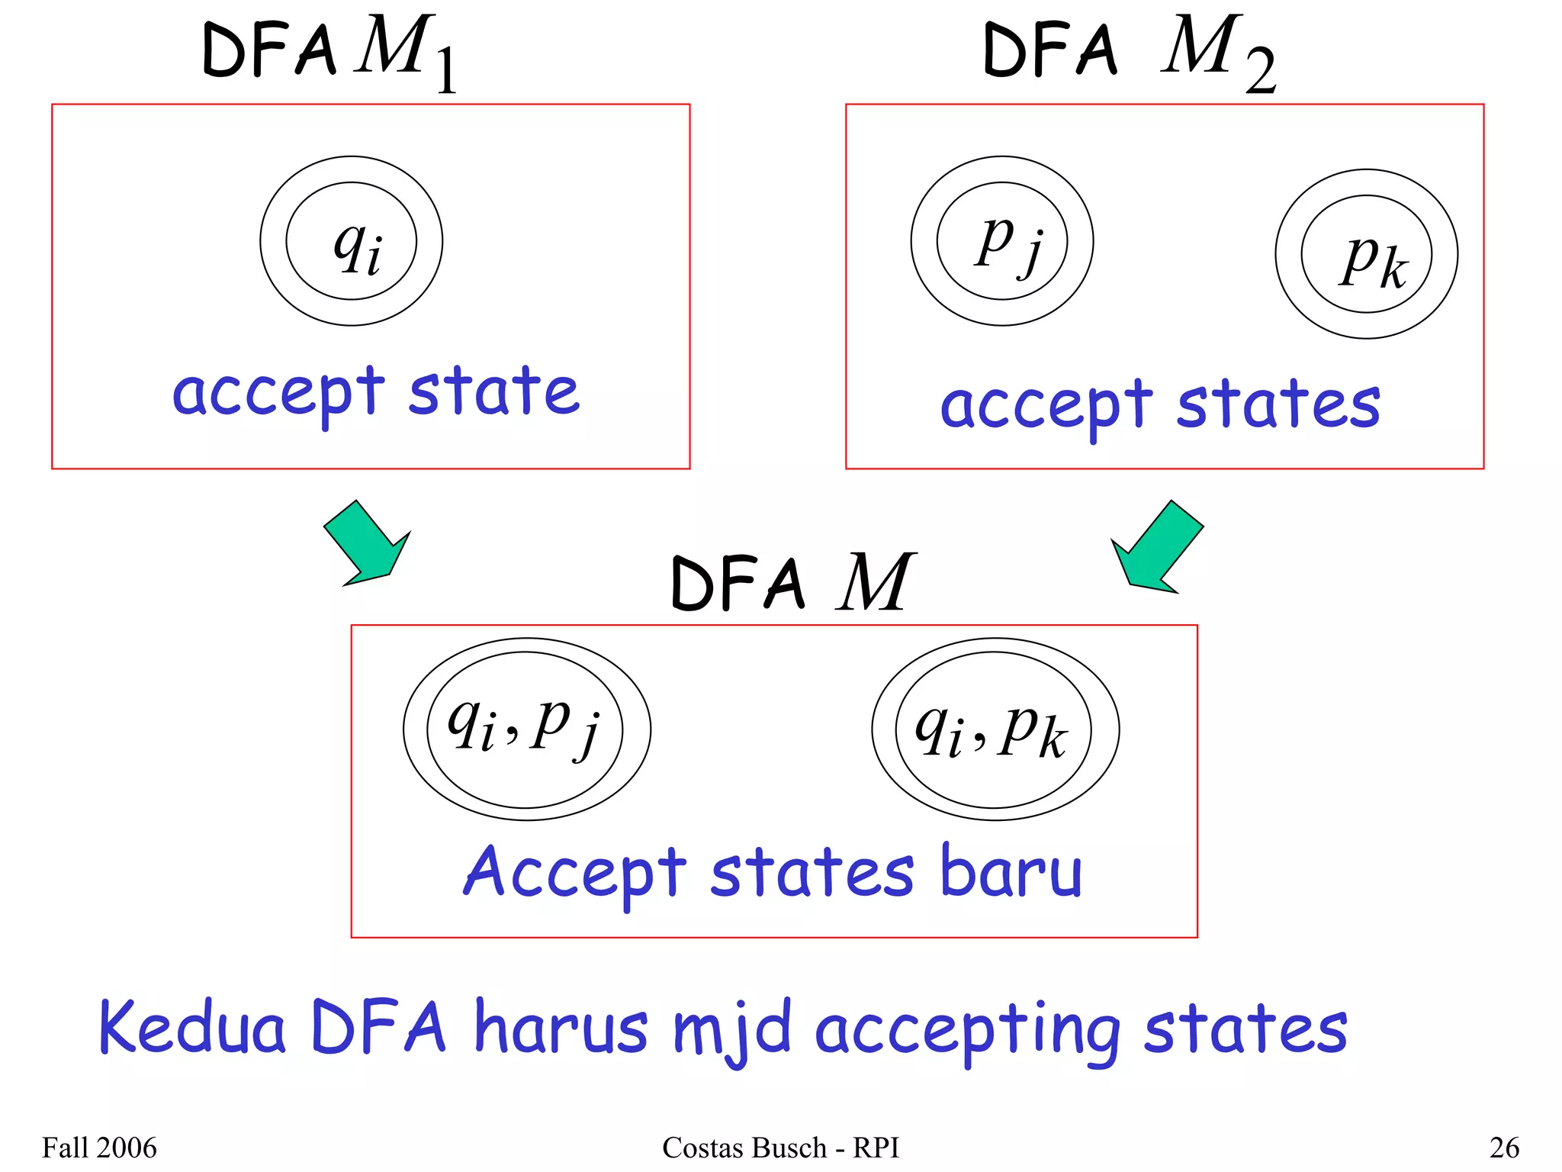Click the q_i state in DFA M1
coord(352,241)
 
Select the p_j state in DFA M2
coord(1002,241)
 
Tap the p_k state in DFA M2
coord(1366,254)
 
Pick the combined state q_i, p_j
coord(526,729)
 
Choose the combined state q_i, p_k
coord(995,729)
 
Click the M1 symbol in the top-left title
coord(404,52)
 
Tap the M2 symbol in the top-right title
coord(1216,52)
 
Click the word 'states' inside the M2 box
coord(1278,404)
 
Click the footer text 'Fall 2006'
coord(99,1148)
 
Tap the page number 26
coord(1503,1148)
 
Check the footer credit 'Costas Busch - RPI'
coord(780,1148)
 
